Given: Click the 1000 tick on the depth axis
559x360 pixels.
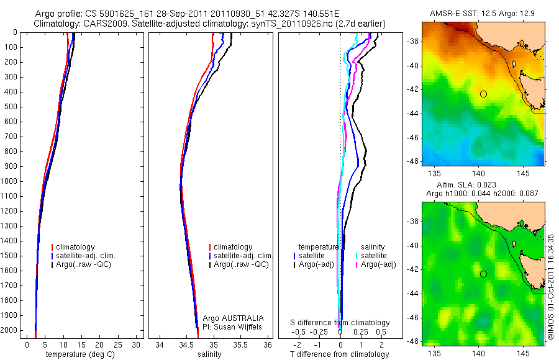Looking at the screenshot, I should [x=11, y=181].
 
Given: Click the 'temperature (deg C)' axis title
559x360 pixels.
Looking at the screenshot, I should [x=81, y=354].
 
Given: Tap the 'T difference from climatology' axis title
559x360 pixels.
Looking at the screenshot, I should [x=340, y=354].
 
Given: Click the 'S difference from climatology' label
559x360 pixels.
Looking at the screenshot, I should [x=340, y=323].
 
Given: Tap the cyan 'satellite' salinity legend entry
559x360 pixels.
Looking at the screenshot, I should [x=374, y=256].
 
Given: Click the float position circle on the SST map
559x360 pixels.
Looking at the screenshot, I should [x=483, y=94].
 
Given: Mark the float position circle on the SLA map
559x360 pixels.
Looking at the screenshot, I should [x=483, y=274].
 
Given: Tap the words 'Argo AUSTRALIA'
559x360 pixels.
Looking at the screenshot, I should [x=238, y=318].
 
